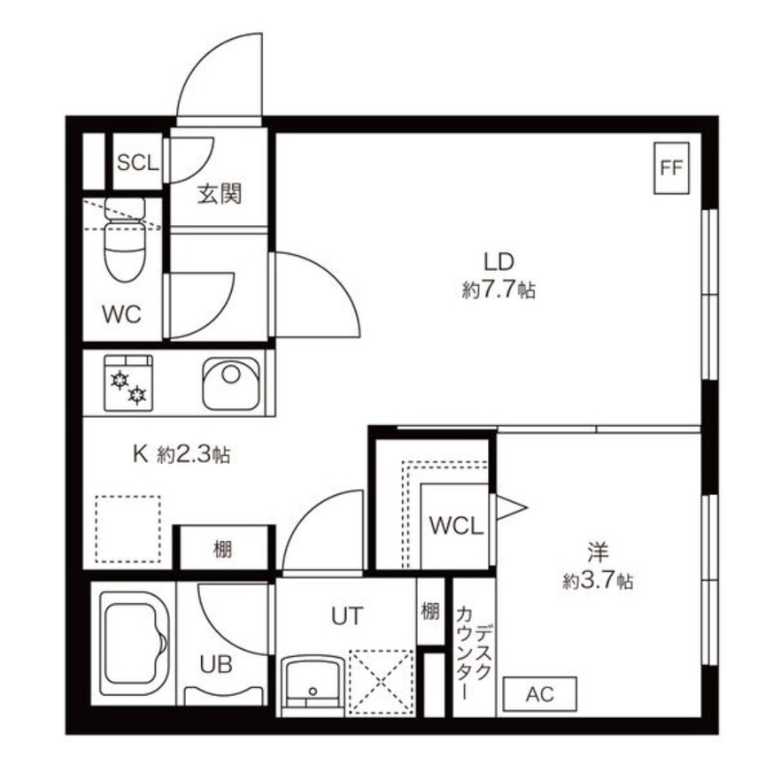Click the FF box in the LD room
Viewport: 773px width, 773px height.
click(671, 167)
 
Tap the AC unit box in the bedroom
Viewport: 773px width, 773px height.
click(540, 694)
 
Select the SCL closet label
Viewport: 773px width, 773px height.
click(137, 162)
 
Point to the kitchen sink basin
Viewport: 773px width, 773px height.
click(231, 384)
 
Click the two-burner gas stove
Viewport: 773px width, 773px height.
click(129, 383)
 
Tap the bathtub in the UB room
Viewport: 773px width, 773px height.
click(134, 644)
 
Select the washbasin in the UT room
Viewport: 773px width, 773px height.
click(312, 685)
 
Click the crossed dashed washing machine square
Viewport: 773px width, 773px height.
click(382, 682)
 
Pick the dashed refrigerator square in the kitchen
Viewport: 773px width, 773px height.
click(129, 529)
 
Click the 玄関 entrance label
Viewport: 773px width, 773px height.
click(219, 194)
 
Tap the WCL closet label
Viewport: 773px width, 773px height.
click(456, 526)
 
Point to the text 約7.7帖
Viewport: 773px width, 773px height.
click(499, 290)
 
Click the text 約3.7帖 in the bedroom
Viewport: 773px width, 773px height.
click(598, 582)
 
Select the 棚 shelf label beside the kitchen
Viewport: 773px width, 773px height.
click(222, 549)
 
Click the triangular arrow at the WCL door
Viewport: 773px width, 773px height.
click(512, 507)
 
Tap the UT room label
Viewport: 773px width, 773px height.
click(347, 616)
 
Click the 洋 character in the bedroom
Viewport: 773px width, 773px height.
click(597, 552)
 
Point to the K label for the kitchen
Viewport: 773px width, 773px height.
click(140, 454)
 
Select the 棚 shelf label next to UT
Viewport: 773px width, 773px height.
click(430, 612)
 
